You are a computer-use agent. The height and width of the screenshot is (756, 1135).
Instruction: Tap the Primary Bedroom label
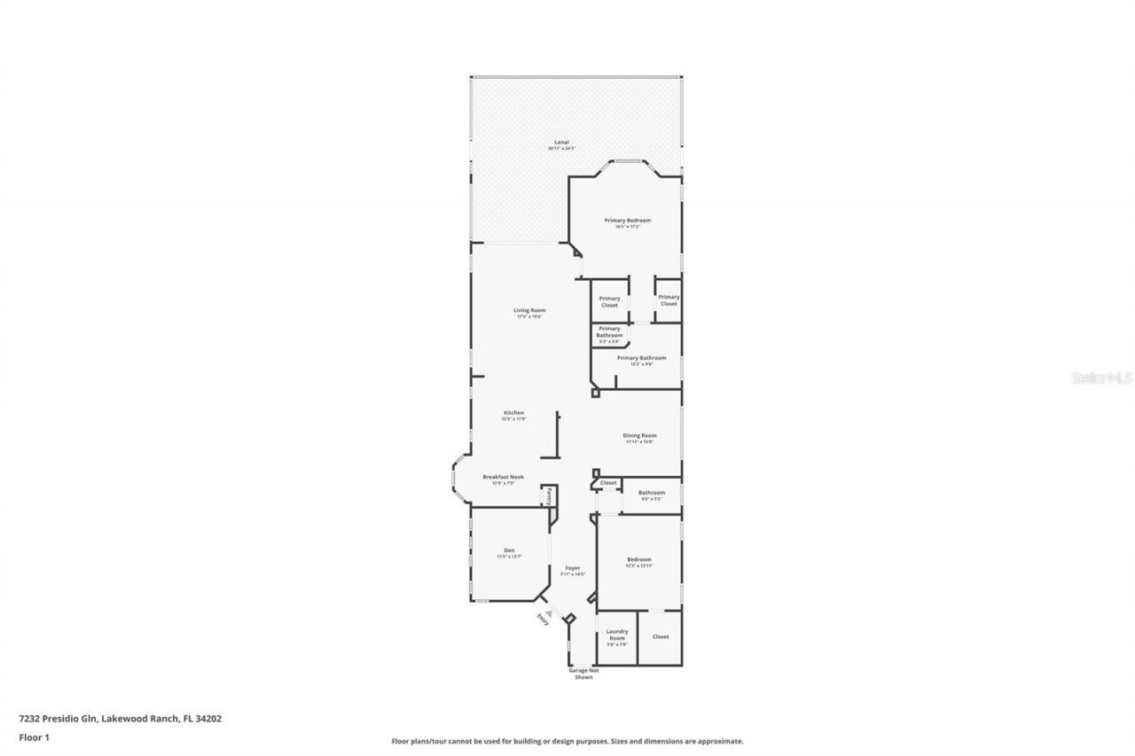[628, 220]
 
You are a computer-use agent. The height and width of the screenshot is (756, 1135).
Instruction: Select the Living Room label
[529, 310]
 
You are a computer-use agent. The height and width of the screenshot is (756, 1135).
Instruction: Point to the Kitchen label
[514, 413]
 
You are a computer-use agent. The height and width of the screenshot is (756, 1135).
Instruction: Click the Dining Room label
[639, 435]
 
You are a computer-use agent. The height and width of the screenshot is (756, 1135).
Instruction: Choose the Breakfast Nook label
[503, 477]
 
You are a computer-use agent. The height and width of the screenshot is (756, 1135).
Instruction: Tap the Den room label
[509, 550]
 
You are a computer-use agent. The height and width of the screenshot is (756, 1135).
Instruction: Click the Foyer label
[573, 567]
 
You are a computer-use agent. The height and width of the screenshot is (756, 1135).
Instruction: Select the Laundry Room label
[616, 635]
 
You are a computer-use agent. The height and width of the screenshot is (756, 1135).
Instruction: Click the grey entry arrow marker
[549, 612]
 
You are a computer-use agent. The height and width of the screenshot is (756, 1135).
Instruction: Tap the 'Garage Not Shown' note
[583, 674]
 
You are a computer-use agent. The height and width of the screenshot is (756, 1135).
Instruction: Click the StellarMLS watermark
[1102, 378]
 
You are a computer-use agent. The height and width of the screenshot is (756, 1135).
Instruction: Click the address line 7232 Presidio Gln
[120, 719]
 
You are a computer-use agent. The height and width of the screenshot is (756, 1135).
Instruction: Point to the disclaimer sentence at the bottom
[567, 741]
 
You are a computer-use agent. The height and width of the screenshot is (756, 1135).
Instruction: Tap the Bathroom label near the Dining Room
[652, 493]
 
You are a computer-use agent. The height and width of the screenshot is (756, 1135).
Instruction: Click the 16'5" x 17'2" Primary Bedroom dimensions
[628, 227]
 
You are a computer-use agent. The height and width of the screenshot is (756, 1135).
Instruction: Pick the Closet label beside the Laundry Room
[661, 636]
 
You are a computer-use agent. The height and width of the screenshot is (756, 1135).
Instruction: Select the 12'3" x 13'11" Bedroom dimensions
[639, 566]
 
